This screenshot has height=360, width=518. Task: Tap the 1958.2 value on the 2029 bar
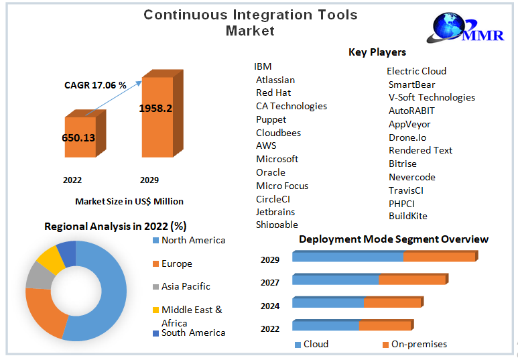tap(155, 108)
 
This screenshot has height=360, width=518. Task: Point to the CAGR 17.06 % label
tap(95, 85)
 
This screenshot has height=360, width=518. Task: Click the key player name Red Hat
tap(273, 93)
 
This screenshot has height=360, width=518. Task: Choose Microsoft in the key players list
tap(277, 159)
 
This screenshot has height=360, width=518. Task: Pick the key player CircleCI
tap(273, 198)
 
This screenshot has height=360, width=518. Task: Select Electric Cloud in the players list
tap(416, 71)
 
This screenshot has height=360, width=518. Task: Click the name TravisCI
tap(406, 190)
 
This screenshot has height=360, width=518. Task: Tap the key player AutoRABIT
tap(411, 111)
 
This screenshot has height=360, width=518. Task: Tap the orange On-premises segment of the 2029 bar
tap(439, 257)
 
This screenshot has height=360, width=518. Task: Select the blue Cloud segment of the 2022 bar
tap(325, 326)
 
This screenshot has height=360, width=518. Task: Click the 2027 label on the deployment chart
tap(270, 282)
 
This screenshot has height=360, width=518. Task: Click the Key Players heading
tap(377, 52)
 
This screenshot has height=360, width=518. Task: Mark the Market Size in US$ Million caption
tap(129, 201)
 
